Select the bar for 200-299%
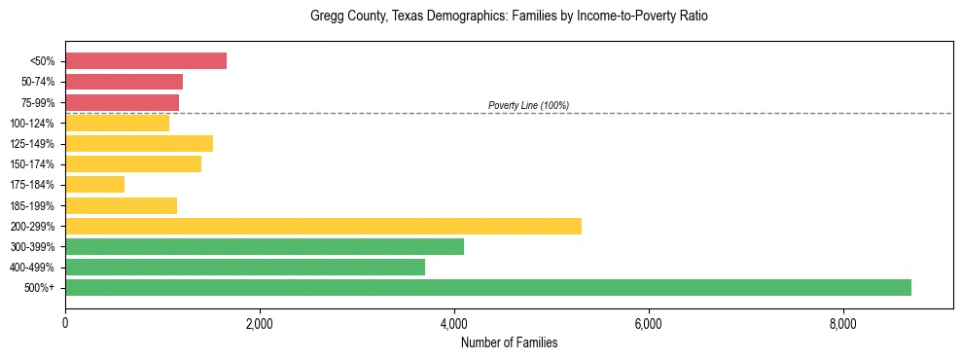coord(323,226)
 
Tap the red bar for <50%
coord(146,61)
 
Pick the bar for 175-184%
coord(94,184)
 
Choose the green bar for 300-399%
coord(265,246)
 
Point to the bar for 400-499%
coord(245,267)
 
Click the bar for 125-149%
coord(139,143)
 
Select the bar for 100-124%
coord(117,123)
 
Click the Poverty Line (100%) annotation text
coord(528,105)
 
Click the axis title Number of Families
coord(509,342)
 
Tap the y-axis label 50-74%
coord(38,82)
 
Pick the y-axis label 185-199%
coord(33,205)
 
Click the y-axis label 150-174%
coord(33,164)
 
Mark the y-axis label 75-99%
coord(38,102)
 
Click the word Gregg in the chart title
coord(325,17)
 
